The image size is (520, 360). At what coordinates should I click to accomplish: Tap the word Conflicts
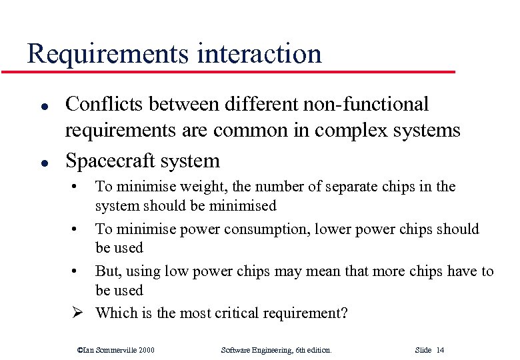105,105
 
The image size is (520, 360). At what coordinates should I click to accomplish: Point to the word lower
341,229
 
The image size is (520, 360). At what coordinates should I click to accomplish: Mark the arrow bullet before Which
77,313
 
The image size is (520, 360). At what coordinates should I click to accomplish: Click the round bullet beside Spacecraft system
43,162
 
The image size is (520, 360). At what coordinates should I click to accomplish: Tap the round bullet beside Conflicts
43,106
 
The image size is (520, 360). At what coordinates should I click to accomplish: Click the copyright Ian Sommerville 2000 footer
116,349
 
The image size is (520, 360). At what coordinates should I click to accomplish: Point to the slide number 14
440,349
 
